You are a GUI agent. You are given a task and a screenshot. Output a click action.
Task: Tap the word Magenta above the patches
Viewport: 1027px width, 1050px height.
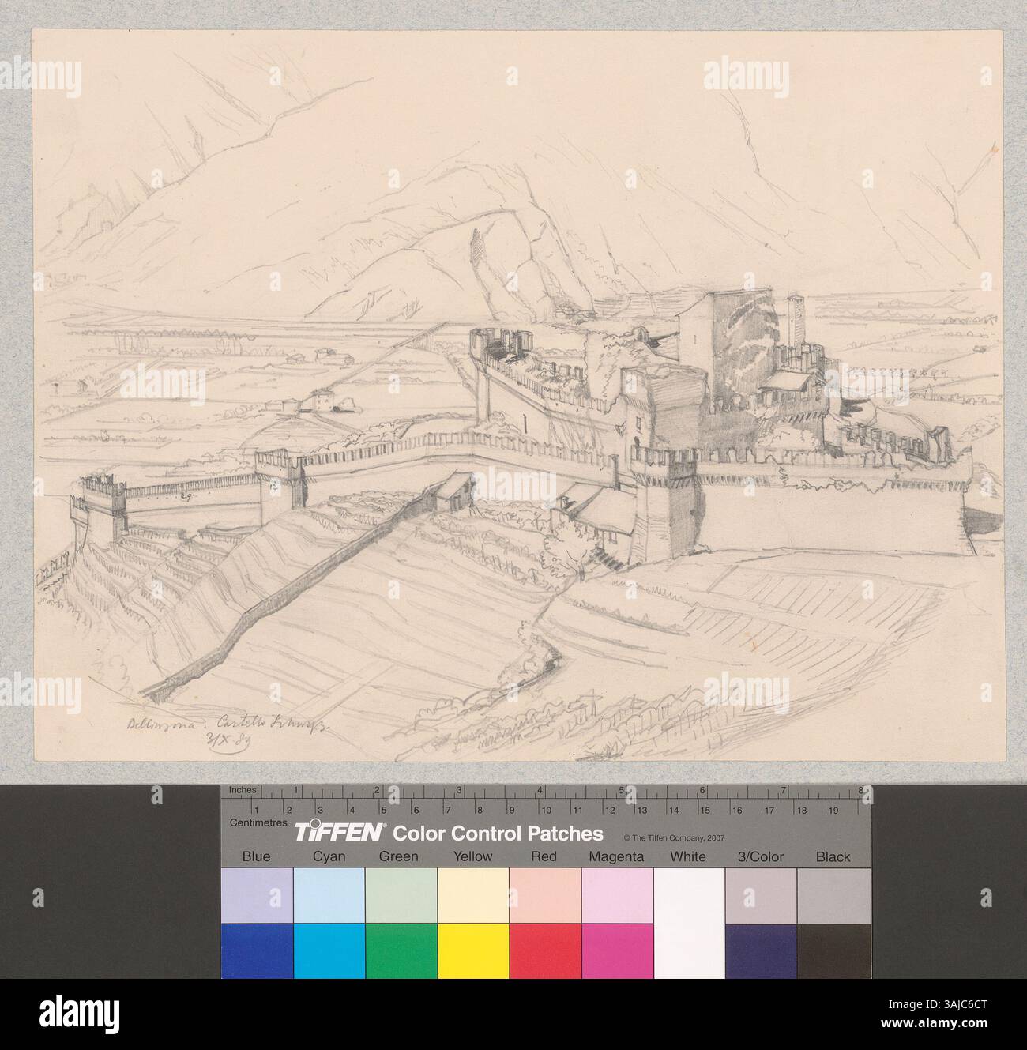pyautogui.click(x=616, y=856)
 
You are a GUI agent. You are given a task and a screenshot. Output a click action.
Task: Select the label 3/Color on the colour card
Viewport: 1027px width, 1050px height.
pyautogui.click(x=760, y=856)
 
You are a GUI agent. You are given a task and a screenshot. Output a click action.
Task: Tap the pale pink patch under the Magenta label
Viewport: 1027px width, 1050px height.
pyautogui.click(x=616, y=895)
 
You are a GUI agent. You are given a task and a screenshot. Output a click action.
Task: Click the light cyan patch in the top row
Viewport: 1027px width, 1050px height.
pyautogui.click(x=329, y=895)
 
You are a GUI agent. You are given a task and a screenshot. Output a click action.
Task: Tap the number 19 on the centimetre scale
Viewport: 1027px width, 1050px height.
pyautogui.click(x=832, y=810)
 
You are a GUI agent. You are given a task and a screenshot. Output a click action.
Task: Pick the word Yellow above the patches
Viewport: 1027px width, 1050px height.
pyautogui.click(x=472, y=856)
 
